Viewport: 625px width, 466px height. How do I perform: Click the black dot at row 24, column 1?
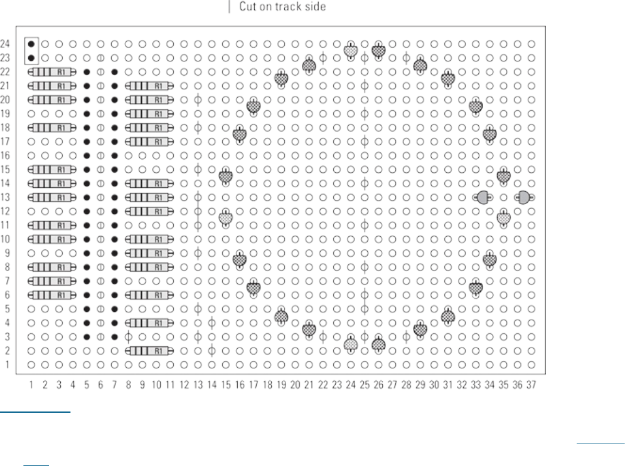click(31, 44)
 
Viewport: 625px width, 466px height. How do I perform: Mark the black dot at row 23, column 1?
click(31, 58)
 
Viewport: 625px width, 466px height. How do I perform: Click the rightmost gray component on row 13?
click(524, 197)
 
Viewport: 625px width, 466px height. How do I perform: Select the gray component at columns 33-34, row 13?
click(483, 197)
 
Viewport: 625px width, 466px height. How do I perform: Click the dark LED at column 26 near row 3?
click(378, 343)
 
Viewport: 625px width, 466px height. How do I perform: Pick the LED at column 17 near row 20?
click(254, 106)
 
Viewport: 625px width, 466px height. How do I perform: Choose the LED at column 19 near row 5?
click(281, 316)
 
